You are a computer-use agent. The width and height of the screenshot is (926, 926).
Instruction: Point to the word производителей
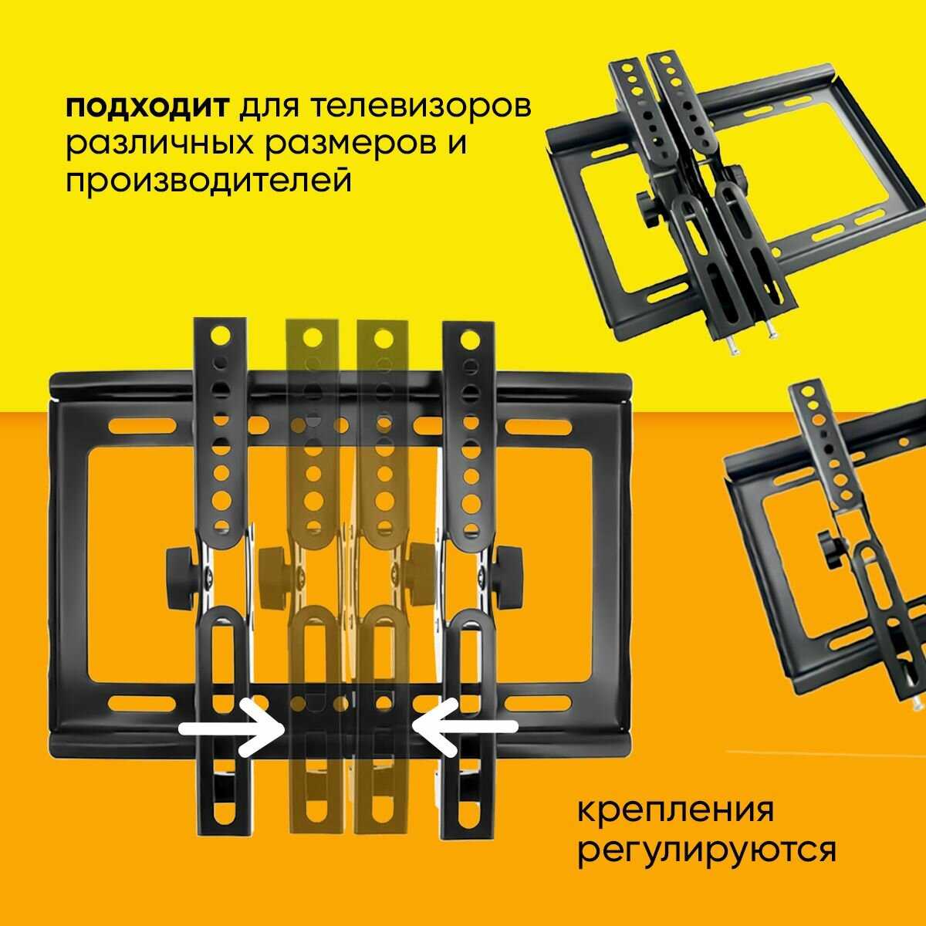(208, 181)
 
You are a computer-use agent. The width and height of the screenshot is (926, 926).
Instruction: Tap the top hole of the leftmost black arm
(221, 336)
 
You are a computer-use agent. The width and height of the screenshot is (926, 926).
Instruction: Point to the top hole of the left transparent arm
(312, 335)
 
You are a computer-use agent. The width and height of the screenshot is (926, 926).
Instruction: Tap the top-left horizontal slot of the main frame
(143, 426)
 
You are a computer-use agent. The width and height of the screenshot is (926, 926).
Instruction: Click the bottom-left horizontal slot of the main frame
(143, 703)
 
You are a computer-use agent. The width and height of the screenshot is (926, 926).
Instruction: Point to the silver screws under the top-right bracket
(754, 340)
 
